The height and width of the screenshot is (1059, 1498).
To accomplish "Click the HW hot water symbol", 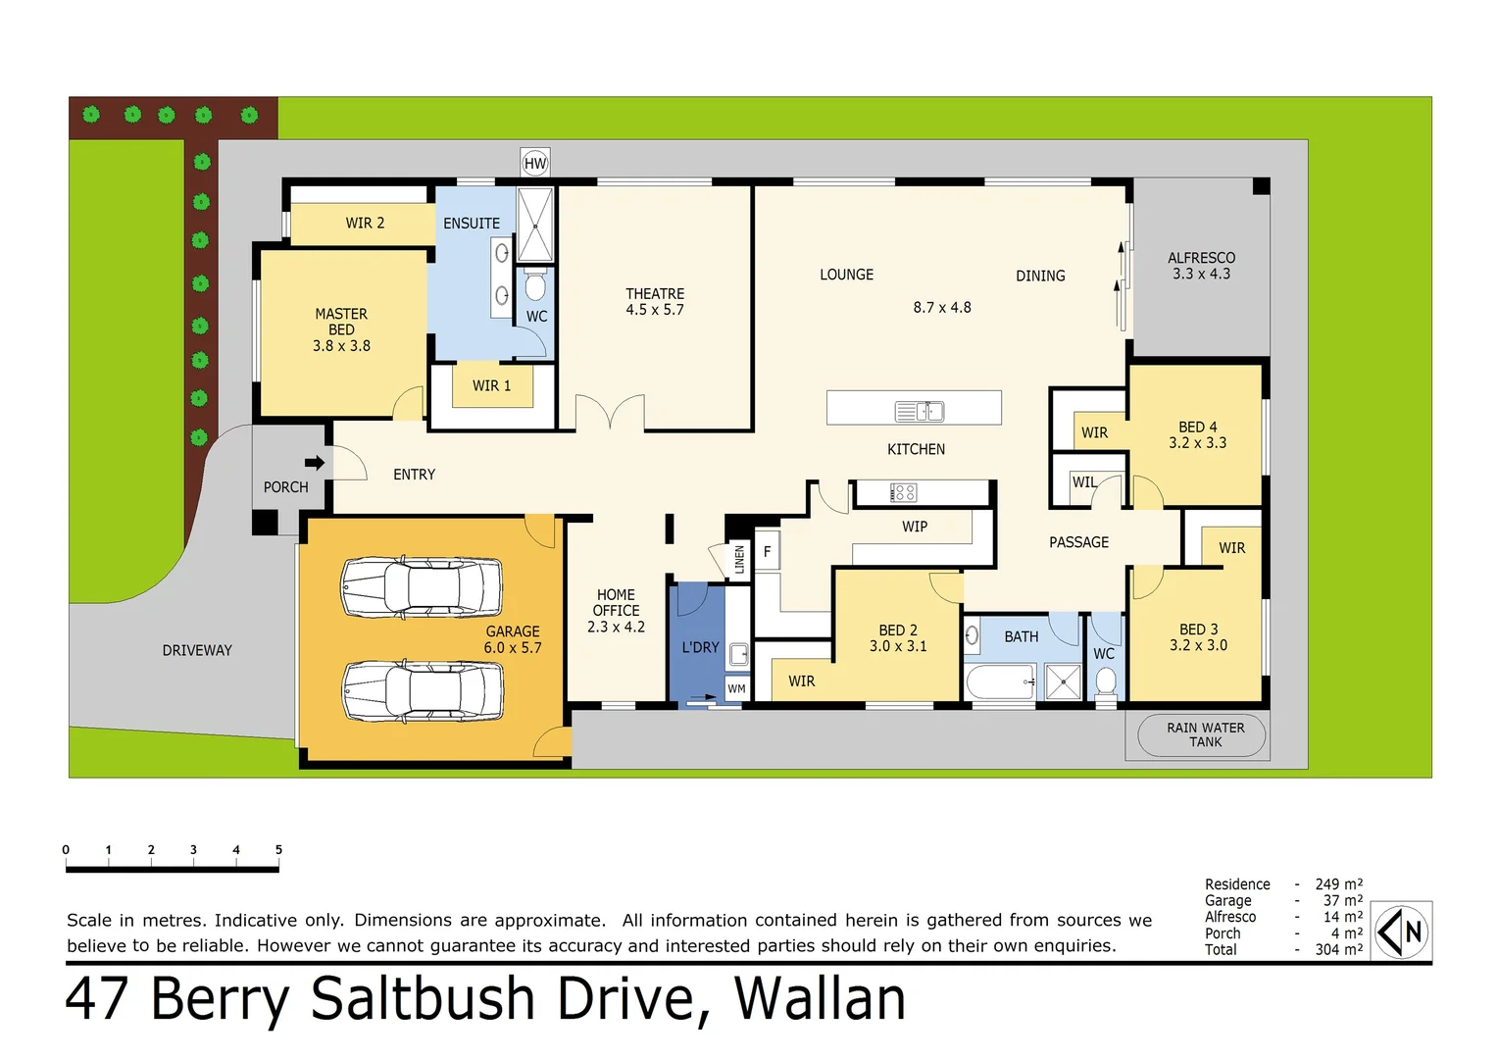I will click(535, 163).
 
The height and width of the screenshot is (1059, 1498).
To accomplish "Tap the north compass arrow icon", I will click(1401, 932).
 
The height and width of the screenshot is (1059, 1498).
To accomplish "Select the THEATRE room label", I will click(655, 294).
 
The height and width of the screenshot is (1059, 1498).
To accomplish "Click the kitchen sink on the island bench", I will click(920, 411).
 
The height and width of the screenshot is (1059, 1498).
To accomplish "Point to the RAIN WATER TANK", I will click(1204, 734).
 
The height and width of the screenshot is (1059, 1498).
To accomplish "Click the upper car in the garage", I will click(422, 586).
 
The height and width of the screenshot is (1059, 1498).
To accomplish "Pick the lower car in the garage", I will click(422, 689).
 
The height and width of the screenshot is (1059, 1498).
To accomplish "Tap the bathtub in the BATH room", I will click(1001, 681).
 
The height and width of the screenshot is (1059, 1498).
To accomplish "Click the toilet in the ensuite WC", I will click(535, 286).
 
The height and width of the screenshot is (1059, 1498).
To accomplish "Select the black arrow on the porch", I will click(315, 462).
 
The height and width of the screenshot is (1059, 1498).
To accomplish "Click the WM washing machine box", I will click(737, 688).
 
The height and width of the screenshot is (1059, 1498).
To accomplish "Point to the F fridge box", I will click(767, 552).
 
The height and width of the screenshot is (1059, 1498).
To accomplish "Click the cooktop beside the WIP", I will click(903, 492).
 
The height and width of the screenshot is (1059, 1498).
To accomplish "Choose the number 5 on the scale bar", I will click(278, 850).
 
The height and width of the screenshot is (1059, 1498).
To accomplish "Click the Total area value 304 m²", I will click(1338, 949).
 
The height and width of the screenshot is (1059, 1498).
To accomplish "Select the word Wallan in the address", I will click(820, 999).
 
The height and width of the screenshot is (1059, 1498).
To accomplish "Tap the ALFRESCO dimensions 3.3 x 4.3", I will click(1201, 275).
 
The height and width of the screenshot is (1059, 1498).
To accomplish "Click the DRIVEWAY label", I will click(197, 650).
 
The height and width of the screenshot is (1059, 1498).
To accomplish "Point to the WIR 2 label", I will click(365, 224).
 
